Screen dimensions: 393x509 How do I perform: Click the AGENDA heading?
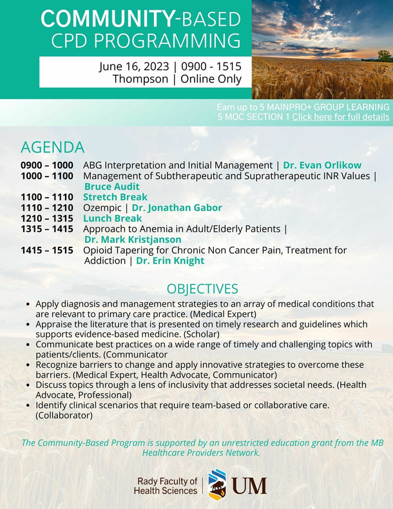coord(53,148)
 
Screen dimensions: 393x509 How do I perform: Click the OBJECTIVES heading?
coord(202,289)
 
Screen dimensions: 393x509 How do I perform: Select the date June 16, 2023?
coord(134,66)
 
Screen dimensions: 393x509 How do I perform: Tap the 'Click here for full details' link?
coord(341,117)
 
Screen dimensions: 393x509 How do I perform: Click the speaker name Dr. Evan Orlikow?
coord(322,165)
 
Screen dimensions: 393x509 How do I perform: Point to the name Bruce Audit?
coord(112,186)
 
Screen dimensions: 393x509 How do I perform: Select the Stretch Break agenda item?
coord(115,197)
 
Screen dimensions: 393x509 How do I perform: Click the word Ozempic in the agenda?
coord(102,207)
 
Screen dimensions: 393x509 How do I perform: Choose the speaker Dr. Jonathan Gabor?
coord(177,207)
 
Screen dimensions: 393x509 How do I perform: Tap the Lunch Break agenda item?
coord(113,218)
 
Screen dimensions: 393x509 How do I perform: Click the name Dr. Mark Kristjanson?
coord(133,240)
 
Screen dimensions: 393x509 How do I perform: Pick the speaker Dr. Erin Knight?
coord(170,261)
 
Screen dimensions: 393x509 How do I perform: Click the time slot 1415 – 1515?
coord(47,250)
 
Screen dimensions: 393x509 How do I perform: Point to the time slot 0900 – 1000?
coord(47,165)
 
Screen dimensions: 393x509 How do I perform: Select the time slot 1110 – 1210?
coord(47,207)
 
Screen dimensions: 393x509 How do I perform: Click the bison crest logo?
coord(217,485)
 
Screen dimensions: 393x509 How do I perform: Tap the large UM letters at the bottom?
coord(249,486)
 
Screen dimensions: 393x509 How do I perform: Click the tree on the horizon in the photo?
coord(385,56)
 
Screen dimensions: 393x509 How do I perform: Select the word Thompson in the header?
coord(140,79)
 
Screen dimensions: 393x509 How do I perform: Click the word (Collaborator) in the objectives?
coord(64,416)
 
